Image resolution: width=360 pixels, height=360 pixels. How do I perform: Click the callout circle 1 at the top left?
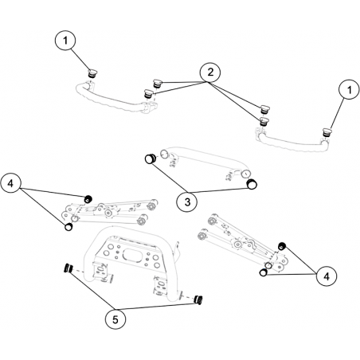click(65, 41)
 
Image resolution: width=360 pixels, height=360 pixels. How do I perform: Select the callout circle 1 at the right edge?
click(349, 90)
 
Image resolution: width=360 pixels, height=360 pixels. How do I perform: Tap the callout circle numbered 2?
click(210, 72)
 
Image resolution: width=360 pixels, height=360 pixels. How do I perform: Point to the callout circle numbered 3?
click(187, 202)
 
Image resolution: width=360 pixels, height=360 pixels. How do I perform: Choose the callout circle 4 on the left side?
click(10, 183)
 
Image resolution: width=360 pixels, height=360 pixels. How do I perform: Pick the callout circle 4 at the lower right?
click(327, 276)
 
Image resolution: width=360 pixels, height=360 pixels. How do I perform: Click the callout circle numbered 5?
click(115, 319)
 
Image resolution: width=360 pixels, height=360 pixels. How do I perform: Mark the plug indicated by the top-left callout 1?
click(92, 73)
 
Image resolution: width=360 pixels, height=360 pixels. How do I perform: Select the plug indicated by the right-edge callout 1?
click(326, 132)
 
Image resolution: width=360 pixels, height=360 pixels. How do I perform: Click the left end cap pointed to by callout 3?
click(151, 158)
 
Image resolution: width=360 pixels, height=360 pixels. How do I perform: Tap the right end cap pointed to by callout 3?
click(251, 184)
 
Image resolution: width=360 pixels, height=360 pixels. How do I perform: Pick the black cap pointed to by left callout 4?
click(88, 199)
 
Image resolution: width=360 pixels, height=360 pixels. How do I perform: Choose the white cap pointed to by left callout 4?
click(68, 227)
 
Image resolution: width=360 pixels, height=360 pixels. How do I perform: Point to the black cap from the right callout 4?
click(282, 246)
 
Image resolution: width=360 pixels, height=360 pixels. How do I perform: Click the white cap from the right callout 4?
click(263, 272)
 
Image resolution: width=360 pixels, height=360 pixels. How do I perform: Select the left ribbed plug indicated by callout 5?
click(68, 268)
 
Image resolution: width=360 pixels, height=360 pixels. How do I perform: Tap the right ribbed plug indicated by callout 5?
click(198, 299)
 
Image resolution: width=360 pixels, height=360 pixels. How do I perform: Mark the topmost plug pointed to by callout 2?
click(157, 83)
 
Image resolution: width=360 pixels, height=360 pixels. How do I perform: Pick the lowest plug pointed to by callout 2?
click(264, 121)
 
